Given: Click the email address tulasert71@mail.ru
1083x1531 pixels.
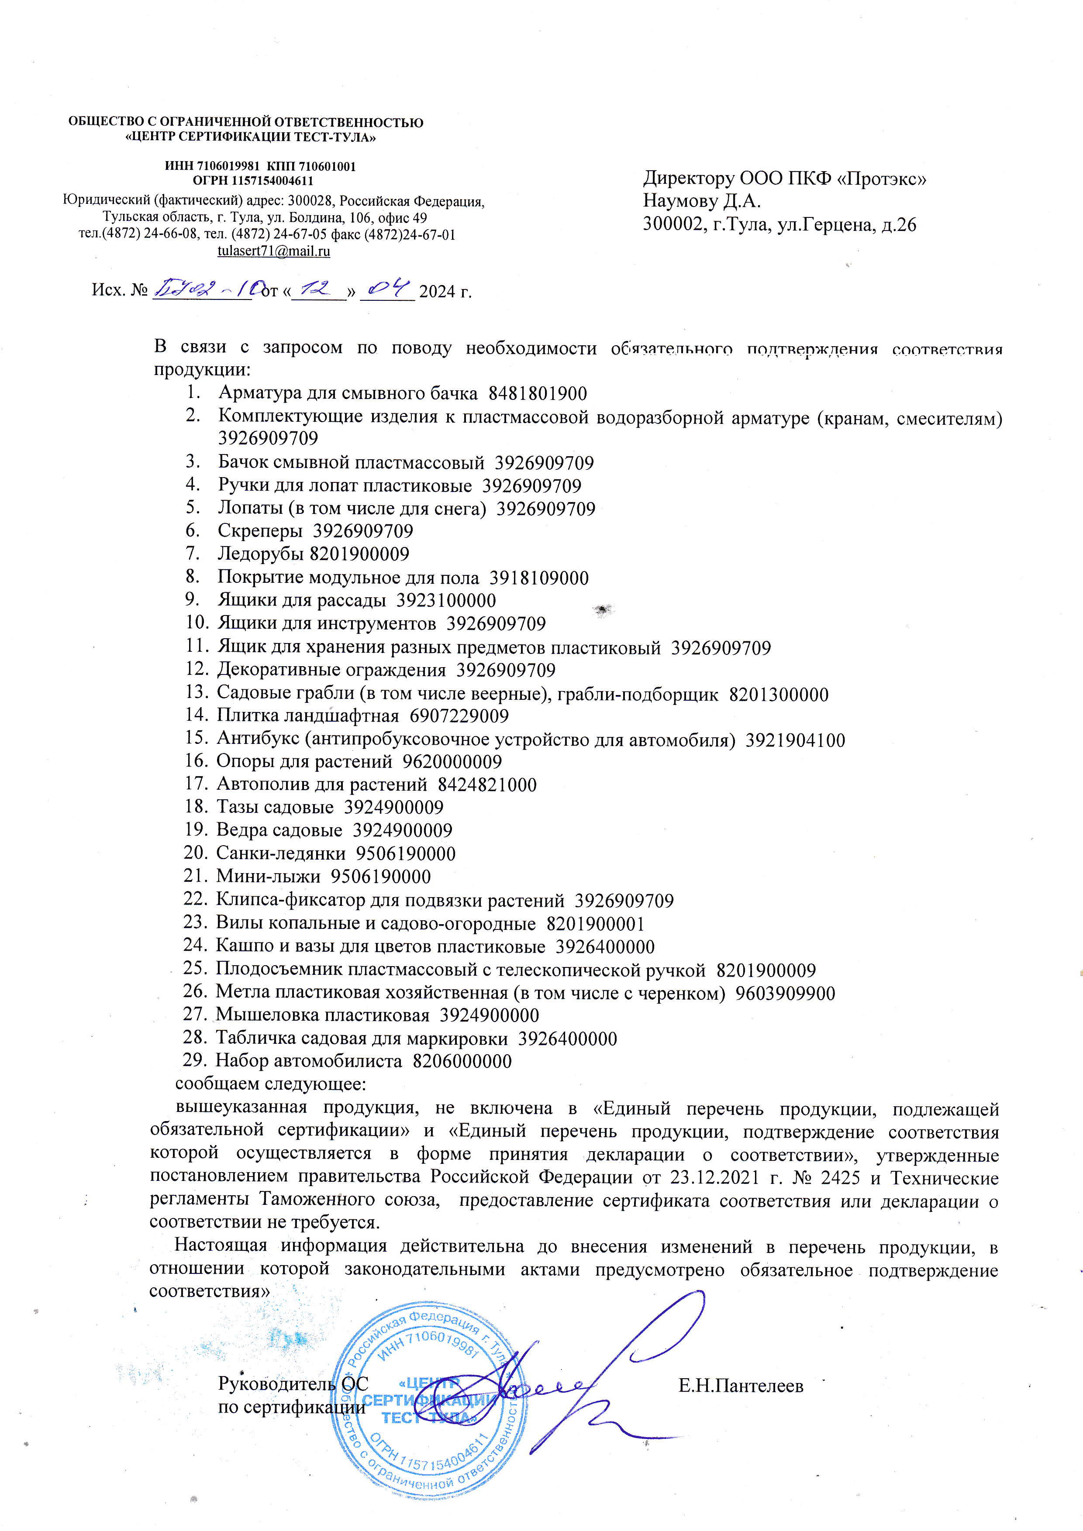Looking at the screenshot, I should point(273,251).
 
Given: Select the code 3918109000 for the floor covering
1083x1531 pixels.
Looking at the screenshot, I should point(539,578).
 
